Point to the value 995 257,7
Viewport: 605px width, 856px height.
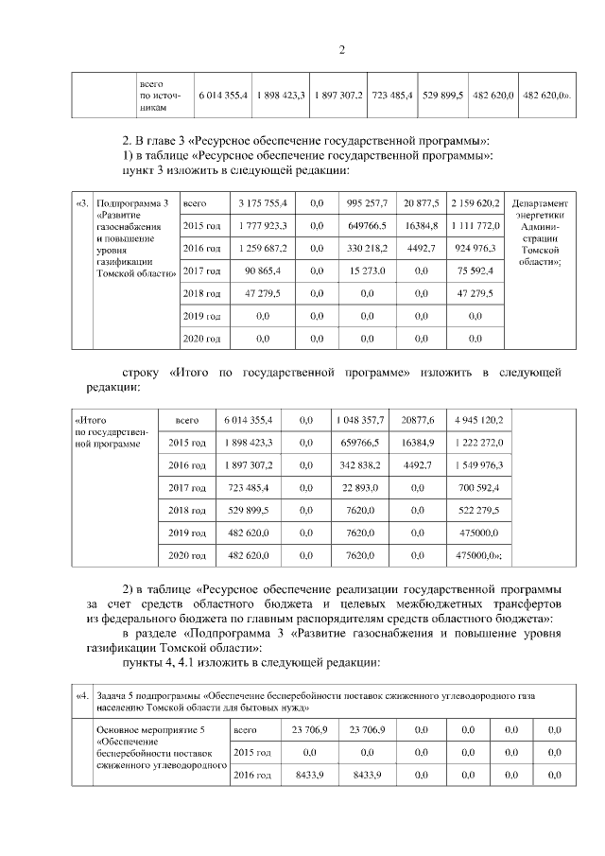click(x=361, y=203)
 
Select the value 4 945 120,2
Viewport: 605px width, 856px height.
click(x=479, y=419)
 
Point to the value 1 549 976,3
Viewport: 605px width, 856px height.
click(x=479, y=464)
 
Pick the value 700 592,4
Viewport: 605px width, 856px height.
click(x=479, y=487)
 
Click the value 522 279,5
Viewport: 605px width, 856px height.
click(x=479, y=510)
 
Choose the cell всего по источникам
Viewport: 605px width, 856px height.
click(x=158, y=96)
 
